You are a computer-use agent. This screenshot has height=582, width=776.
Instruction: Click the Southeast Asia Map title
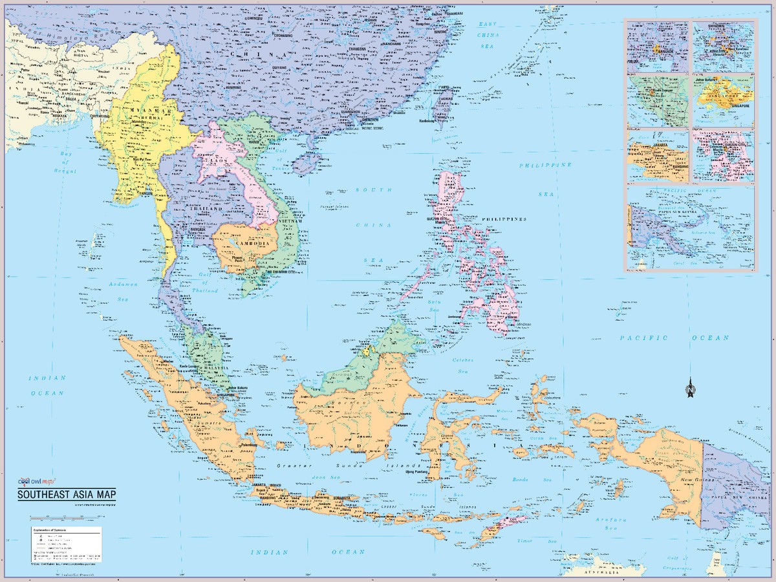tap(67, 495)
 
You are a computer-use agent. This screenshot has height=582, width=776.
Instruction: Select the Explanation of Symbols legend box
tap(65, 543)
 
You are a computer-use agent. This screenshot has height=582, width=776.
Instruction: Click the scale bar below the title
tap(65, 517)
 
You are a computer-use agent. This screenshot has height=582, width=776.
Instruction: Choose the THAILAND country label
tap(206, 209)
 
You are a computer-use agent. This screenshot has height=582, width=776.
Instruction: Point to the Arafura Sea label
tap(611, 523)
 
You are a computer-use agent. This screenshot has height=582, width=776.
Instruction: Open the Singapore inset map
tap(724, 100)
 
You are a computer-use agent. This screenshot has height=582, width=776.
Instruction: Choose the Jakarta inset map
tap(657, 156)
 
